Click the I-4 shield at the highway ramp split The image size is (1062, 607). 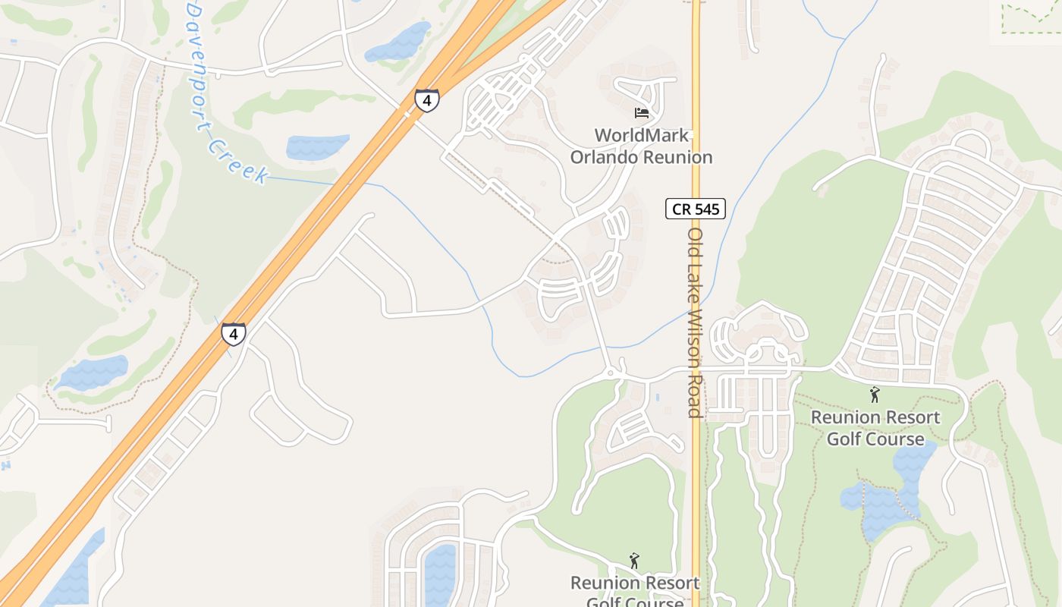[x=426, y=100]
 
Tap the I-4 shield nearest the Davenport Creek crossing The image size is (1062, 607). [x=234, y=334]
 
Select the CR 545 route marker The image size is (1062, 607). [x=696, y=209]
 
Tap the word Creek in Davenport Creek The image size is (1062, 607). [x=237, y=161]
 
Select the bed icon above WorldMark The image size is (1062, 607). [x=642, y=113]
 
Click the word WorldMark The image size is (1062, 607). [x=642, y=136]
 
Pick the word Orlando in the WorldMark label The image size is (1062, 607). [x=605, y=158]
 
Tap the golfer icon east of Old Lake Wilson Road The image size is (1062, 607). [x=875, y=395]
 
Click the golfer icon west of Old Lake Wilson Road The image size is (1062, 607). [x=634, y=561]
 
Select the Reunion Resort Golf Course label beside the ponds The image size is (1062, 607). [x=875, y=428]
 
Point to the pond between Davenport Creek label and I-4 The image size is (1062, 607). [x=317, y=146]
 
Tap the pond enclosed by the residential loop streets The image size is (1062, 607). [x=440, y=573]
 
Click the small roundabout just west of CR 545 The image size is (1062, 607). [x=611, y=373]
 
